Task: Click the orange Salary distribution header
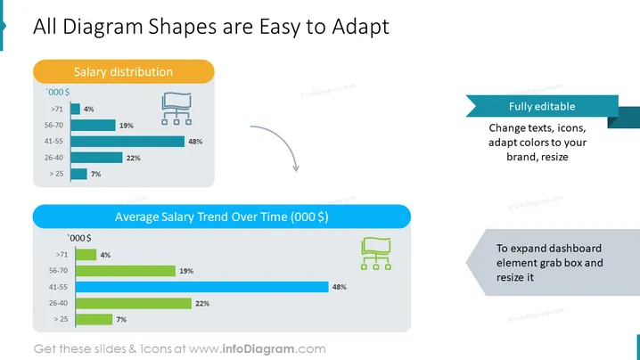[124, 72]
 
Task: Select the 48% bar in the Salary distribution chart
[127, 142]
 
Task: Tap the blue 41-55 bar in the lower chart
[202, 287]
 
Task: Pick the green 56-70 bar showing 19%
[126, 271]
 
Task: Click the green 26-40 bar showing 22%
[134, 303]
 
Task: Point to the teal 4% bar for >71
[75, 109]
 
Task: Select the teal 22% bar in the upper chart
[96, 158]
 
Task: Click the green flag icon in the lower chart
[376, 253]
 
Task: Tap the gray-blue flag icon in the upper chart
[176, 109]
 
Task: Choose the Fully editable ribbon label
[542, 107]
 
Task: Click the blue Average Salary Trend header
[222, 217]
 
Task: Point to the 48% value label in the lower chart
[340, 287]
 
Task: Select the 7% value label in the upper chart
[96, 174]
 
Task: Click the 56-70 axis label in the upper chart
[53, 125]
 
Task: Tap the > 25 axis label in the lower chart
[62, 319]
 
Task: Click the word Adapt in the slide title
[360, 27]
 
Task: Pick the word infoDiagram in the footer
[258, 349]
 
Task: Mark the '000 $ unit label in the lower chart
[79, 238]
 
